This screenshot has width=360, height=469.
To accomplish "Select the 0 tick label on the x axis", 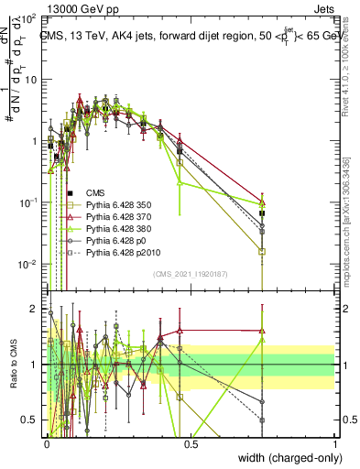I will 47,442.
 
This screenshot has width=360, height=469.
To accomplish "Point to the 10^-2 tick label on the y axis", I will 28,265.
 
